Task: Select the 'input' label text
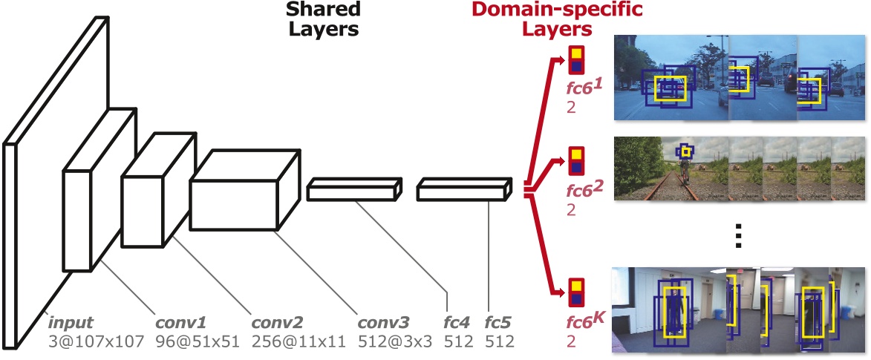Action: (71, 324)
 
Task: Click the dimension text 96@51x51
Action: (191, 341)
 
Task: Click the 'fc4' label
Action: (457, 324)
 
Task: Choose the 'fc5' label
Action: (499, 324)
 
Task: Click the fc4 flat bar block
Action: (354, 190)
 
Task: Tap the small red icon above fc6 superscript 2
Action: (575, 158)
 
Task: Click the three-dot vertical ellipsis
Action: (738, 235)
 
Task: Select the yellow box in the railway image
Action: (687, 152)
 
